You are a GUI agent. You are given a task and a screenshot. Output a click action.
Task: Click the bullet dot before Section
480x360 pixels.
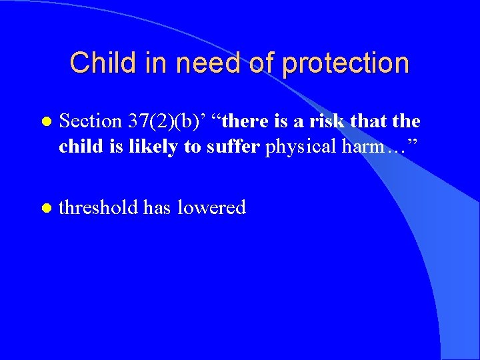tap(45, 123)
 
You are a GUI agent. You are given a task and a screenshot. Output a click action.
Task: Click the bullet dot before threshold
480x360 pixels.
tap(45, 209)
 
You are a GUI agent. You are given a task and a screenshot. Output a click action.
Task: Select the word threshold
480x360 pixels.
tap(99, 207)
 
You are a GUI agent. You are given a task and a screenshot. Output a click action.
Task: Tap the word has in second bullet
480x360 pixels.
tap(157, 207)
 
